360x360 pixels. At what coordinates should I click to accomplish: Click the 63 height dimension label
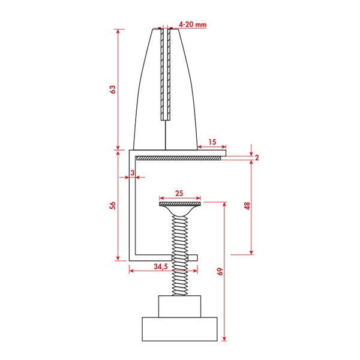113,89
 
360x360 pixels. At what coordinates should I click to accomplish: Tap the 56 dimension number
113,205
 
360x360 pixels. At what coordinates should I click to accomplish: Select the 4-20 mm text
193,25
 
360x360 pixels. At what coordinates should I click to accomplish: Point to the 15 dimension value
212,142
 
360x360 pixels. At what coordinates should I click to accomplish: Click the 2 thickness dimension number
257,157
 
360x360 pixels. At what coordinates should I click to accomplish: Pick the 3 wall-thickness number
132,173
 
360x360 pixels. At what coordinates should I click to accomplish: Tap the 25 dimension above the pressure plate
179,193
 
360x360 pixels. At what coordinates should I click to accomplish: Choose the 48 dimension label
247,206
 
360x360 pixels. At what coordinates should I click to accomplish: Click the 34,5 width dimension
161,266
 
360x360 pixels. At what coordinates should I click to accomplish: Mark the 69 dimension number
220,272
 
